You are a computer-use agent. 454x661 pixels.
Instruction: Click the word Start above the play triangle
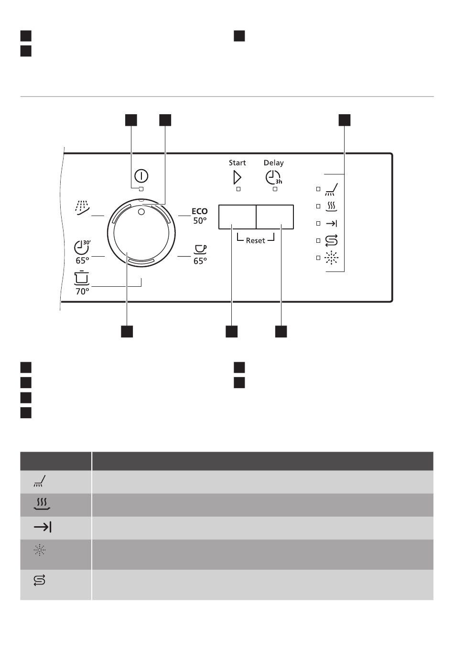pyautogui.click(x=237, y=163)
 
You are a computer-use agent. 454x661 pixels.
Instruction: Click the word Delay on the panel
pyautogui.click(x=273, y=163)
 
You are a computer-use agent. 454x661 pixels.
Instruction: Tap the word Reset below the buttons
pyautogui.click(x=255, y=240)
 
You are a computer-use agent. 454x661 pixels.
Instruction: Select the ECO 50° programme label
pyautogui.click(x=199, y=216)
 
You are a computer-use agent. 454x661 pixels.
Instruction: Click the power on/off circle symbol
pyautogui.click(x=141, y=176)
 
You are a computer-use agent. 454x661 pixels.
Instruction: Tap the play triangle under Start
pyautogui.click(x=237, y=177)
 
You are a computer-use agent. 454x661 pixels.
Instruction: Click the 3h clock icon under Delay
pyautogui.click(x=273, y=178)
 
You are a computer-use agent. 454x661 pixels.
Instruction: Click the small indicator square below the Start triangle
pyautogui.click(x=238, y=189)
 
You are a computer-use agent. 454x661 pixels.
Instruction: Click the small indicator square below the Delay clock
pyautogui.click(x=275, y=189)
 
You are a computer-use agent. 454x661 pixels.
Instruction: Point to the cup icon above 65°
pyautogui.click(x=200, y=249)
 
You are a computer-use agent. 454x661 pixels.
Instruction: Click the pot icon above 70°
pyautogui.click(x=82, y=278)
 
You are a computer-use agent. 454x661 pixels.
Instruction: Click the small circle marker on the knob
pyautogui.click(x=141, y=211)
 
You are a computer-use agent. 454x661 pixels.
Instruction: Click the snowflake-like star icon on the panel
pyautogui.click(x=331, y=258)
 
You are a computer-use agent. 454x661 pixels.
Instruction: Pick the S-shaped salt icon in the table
pyautogui.click(x=39, y=581)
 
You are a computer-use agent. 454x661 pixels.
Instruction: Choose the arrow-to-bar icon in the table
pyautogui.click(x=43, y=527)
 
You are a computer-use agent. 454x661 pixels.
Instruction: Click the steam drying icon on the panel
pyautogui.click(x=331, y=206)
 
